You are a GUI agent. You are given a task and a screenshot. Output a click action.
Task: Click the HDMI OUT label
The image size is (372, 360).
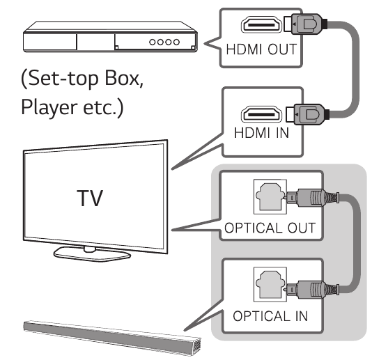point(261,49)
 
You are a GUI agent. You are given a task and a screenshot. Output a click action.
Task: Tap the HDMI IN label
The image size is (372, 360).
point(261,133)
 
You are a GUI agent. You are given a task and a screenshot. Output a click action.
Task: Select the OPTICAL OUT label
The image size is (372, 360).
point(270,228)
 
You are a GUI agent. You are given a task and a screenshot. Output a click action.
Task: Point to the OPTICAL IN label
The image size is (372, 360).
point(270,316)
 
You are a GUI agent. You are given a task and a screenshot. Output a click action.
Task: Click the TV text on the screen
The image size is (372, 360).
point(90,198)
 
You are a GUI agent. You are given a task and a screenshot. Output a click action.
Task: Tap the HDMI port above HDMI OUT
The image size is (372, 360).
point(261,24)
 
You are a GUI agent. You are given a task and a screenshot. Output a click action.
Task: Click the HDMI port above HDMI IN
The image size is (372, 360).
point(261,114)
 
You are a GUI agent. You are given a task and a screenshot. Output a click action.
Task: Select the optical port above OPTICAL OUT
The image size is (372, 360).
point(270,197)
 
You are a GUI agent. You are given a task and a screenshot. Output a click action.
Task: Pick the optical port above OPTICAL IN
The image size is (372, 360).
point(270,285)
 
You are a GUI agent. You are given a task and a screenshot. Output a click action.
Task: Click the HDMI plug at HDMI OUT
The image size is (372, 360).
point(305,24)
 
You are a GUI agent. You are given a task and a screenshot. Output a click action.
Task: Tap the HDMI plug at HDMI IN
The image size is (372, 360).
point(307,114)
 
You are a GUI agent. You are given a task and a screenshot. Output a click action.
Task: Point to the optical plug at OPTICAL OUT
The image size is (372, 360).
point(313,197)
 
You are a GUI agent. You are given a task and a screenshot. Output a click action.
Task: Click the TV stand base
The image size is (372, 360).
point(92,253)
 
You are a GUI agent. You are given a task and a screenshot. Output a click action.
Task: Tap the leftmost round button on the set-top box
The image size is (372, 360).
point(153,42)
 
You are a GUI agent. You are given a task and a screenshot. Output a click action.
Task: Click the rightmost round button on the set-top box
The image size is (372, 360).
point(176,42)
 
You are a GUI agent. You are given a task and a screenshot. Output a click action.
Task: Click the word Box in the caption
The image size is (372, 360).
point(123,79)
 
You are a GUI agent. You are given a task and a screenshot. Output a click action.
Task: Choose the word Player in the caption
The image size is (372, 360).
point(49,107)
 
